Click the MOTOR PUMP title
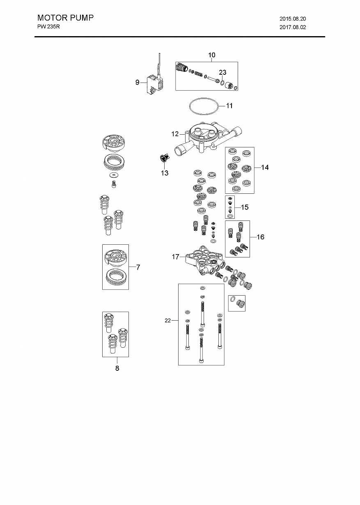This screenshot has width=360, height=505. coord(65,18)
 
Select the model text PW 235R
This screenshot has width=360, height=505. coord(48,27)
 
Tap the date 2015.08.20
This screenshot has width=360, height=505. coord(293,19)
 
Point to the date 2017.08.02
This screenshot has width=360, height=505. coord(293,27)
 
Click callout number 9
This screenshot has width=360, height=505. coord(137,83)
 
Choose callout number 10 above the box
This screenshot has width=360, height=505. coord(212,55)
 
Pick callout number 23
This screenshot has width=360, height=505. coord(222,72)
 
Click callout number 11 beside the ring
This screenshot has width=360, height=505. coord(229,106)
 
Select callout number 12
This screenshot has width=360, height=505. coord(175,134)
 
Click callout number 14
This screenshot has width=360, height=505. coord(265,167)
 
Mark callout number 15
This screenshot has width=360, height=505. coord(245,207)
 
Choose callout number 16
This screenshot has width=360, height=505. coord(260,237)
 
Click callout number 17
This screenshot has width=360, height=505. coord(175,257)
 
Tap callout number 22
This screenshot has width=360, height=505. coord(168,320)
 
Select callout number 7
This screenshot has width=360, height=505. coord(138,267)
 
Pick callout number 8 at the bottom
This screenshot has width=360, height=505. coord(117,368)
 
